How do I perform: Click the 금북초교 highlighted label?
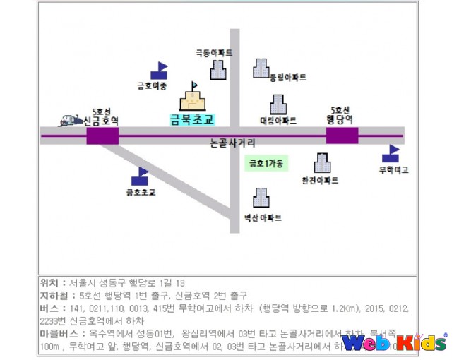191,119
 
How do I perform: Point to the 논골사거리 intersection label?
233,144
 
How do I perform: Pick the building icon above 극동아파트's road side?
218,69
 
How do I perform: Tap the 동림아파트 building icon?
261,68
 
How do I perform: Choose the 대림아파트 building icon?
278,104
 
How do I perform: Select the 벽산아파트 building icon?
261,198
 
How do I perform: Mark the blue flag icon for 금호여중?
159,71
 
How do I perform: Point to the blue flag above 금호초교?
140,176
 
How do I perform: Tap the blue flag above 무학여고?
391,153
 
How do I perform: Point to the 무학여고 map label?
394,170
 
